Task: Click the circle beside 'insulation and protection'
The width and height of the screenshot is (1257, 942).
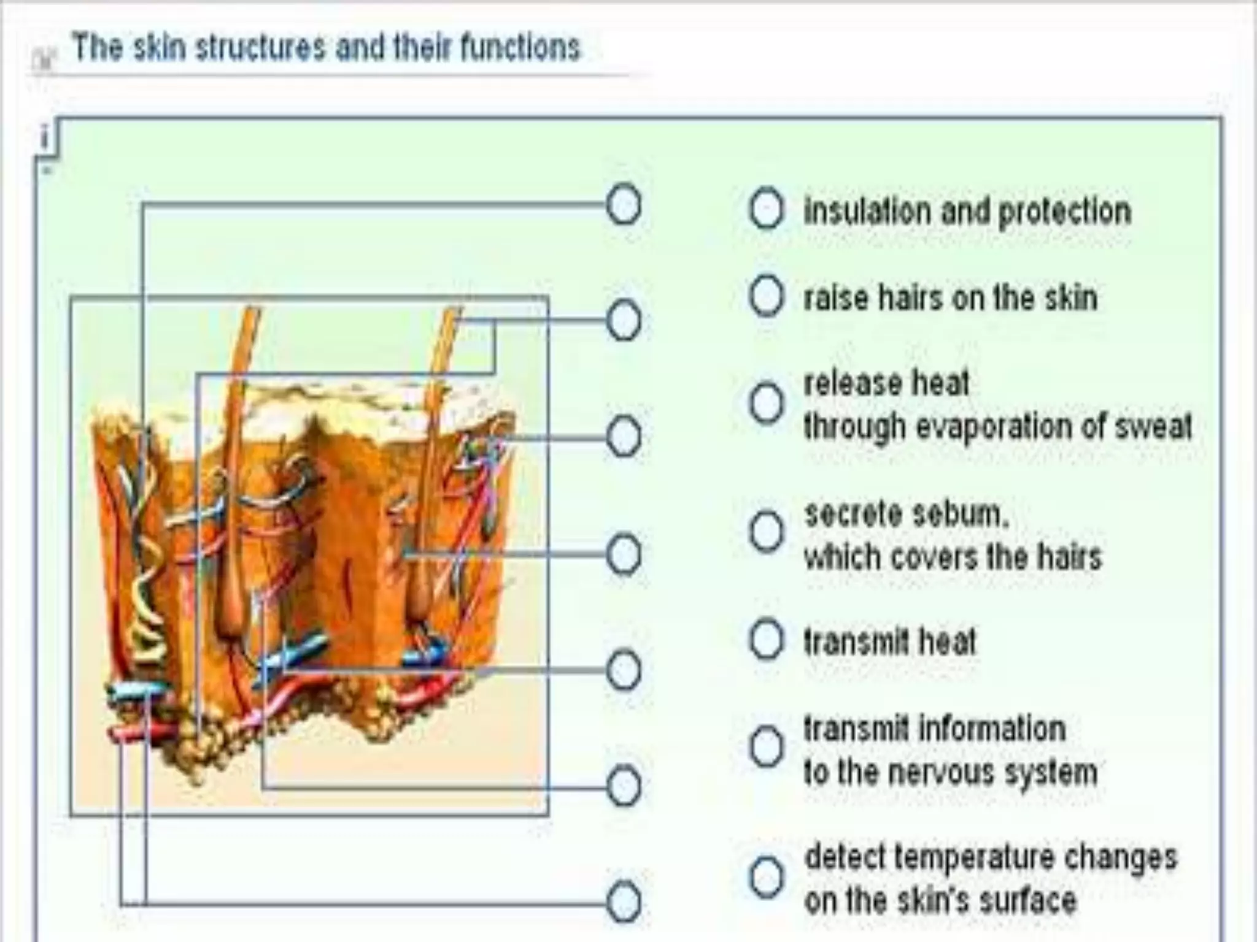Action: coord(766,209)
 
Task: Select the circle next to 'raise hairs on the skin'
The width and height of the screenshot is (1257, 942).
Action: coord(766,296)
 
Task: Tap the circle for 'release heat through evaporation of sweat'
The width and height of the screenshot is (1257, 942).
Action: coord(766,403)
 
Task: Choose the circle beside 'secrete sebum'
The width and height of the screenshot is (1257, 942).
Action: coord(766,531)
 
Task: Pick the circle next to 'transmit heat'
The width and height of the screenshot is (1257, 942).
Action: coord(766,640)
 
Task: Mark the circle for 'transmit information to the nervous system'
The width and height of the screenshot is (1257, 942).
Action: coord(766,748)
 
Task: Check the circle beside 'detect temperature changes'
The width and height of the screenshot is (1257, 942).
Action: coord(766,877)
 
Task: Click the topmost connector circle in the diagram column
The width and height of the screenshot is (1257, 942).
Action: coord(624,204)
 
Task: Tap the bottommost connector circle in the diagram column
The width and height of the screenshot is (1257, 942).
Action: coord(624,902)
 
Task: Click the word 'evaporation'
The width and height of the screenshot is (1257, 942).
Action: coord(994,426)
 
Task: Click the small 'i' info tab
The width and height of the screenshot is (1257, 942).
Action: coord(44,137)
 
